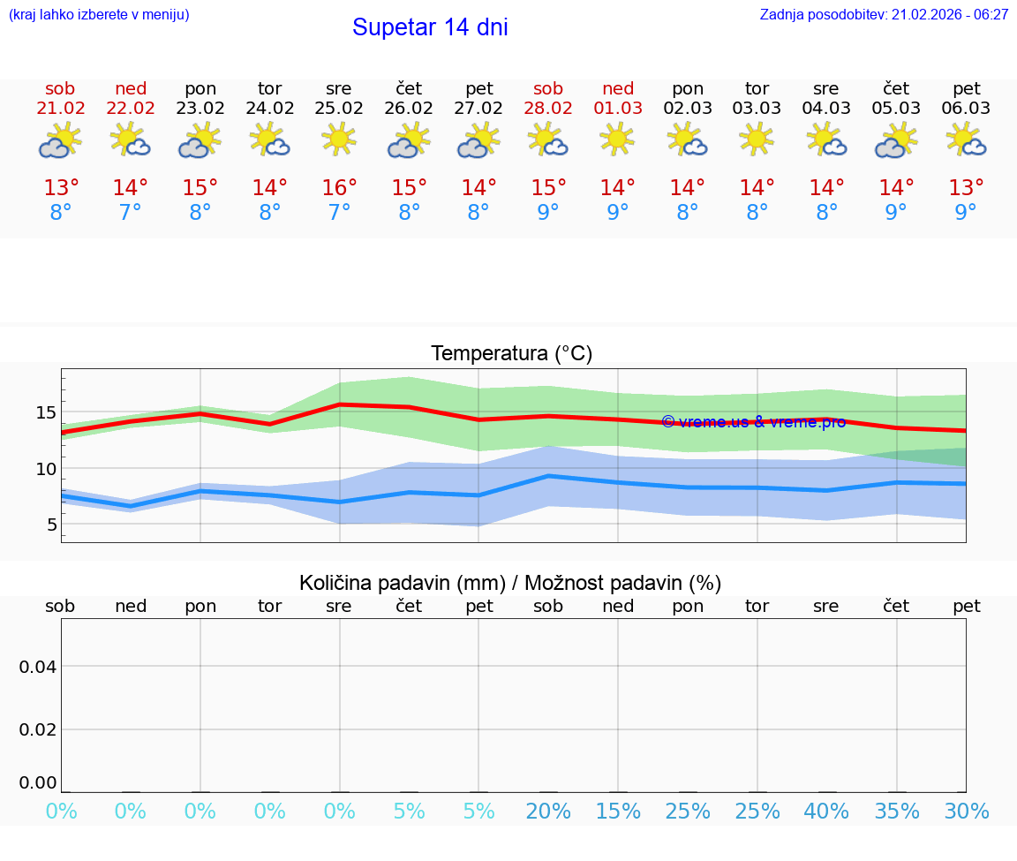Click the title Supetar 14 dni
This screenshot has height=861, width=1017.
[430, 27]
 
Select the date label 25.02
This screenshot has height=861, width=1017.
[339, 109]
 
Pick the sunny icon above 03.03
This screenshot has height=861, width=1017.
[757, 140]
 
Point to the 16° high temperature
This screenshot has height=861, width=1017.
[339, 188]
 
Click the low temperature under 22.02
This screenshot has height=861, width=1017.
[131, 213]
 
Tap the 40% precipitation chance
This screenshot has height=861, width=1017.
[826, 812]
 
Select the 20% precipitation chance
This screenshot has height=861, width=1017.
[548, 812]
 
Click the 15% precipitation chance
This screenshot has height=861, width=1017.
[618, 812]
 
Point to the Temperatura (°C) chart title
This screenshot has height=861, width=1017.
[512, 354]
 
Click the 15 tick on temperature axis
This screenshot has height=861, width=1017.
[46, 412]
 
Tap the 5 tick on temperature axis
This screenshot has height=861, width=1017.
[51, 525]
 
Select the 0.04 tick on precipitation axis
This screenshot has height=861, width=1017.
[38, 667]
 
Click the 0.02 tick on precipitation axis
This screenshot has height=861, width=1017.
[38, 729]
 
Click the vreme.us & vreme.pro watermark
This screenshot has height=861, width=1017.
[753, 422]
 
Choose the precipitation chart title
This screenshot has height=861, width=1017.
[510, 583]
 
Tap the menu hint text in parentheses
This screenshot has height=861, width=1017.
[99, 15]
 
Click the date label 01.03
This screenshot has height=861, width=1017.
[618, 109]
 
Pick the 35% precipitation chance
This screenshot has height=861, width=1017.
[897, 812]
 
